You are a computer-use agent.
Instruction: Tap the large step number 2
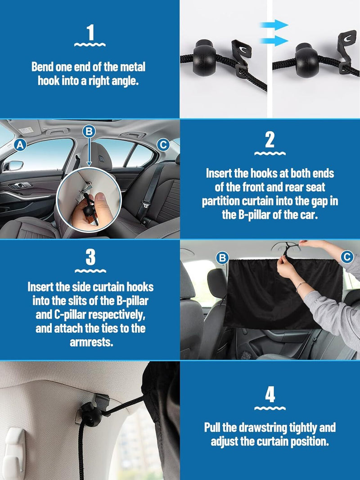click(270, 140)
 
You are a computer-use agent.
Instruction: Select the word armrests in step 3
click(90, 343)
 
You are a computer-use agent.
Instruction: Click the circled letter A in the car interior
click(19, 145)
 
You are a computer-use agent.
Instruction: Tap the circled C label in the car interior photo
click(162, 144)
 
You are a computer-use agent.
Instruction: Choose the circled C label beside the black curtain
click(346, 256)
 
